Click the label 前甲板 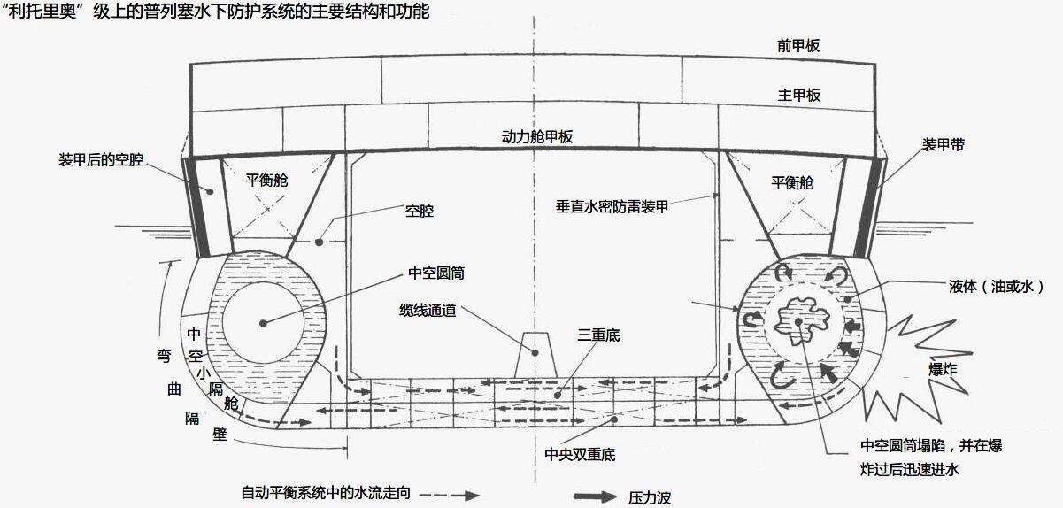(x=798, y=46)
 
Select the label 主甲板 (x=798, y=95)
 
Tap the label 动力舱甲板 (x=537, y=137)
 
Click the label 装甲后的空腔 (x=101, y=160)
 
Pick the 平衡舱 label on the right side (x=791, y=183)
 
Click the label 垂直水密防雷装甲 (x=612, y=206)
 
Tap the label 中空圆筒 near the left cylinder (x=436, y=273)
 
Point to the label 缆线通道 (x=428, y=311)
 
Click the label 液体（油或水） (x=996, y=287)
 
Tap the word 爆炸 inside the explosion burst (x=942, y=369)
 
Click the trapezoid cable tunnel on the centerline (x=535, y=355)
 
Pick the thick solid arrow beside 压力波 (x=596, y=496)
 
